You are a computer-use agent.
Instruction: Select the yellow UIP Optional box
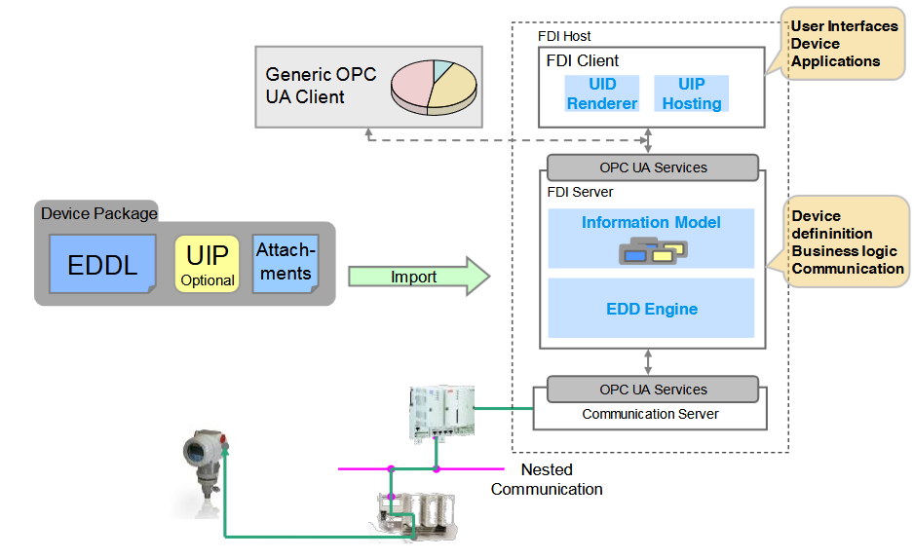point(207,264)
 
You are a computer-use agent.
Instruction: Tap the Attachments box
point(286,263)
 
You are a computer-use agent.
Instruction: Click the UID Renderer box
point(602,93)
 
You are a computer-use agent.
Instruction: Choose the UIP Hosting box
point(691,93)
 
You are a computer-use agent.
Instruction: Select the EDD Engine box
point(651,309)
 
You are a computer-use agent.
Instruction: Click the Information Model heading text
point(651,222)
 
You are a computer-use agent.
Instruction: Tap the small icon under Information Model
point(651,251)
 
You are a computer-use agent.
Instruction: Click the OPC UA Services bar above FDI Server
point(653,167)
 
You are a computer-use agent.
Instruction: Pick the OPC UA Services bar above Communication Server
point(653,390)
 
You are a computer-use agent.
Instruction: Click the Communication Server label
point(650,414)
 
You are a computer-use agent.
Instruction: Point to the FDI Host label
point(564,36)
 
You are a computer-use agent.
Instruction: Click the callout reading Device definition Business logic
point(846,242)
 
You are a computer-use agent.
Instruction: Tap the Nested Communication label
point(547,479)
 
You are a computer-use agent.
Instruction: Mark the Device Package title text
point(98,213)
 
